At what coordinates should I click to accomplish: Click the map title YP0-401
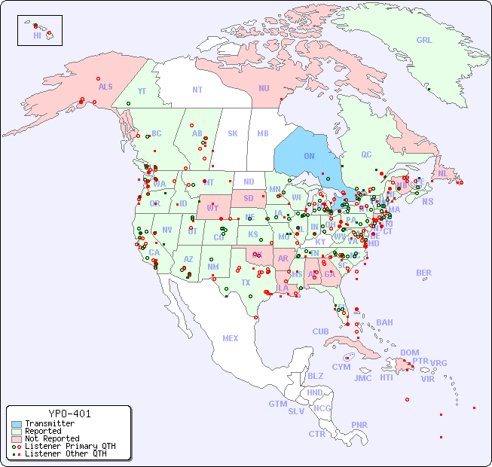click(x=69, y=414)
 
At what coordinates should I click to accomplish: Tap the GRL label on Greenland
click(x=424, y=41)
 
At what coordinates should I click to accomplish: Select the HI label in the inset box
click(x=37, y=35)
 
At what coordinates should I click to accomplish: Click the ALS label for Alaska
click(x=105, y=87)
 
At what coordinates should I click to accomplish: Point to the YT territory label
click(x=142, y=90)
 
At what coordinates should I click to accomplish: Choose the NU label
click(x=264, y=88)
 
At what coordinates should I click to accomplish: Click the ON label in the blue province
click(x=309, y=156)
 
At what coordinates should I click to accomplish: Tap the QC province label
click(x=366, y=155)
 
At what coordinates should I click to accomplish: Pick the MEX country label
click(x=231, y=338)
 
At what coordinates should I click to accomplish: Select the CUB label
click(x=320, y=331)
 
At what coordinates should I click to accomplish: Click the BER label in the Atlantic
click(x=423, y=273)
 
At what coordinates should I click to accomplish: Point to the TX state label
click(x=246, y=282)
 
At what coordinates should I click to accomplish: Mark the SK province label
click(x=233, y=133)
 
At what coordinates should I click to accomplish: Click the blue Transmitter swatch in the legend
click(x=16, y=424)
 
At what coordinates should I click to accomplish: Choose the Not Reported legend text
click(x=52, y=438)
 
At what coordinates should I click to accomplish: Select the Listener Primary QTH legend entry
click(x=69, y=446)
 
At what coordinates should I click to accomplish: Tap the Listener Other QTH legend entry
click(x=65, y=453)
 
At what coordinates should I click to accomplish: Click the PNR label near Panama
click(x=359, y=425)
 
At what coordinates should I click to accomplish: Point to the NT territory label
click(x=197, y=90)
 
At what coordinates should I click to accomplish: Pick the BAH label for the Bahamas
click(x=384, y=322)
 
